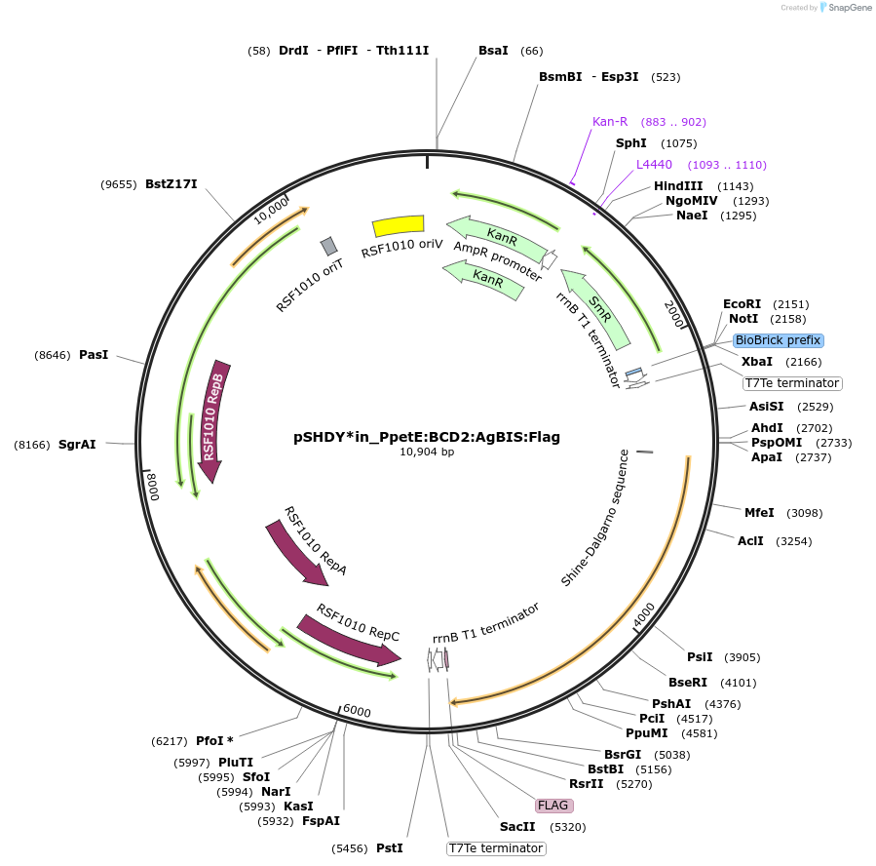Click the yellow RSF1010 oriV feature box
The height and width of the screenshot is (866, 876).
tap(399, 225)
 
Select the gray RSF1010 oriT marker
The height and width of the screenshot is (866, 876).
tap(329, 246)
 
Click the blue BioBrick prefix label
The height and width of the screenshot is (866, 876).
tap(779, 340)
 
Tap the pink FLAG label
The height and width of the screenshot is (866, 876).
tap(553, 806)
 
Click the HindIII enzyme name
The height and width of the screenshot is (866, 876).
tap(678, 186)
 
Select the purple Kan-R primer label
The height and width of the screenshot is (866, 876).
tap(610, 122)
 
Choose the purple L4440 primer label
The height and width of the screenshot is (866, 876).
tap(654, 165)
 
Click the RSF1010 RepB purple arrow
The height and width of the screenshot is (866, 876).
tap(211, 419)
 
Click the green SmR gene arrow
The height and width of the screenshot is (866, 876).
tap(596, 307)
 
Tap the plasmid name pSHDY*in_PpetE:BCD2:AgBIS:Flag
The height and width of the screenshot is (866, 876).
tap(427, 437)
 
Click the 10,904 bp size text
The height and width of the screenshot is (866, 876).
tap(427, 452)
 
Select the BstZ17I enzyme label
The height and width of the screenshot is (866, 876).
tap(171, 183)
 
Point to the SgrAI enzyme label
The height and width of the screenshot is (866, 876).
tap(77, 445)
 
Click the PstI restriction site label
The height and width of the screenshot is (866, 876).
tap(389, 848)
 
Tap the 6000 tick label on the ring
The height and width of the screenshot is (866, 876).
tap(357, 712)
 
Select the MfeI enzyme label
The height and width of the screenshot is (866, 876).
tap(759, 512)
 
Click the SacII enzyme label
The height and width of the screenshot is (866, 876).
tap(517, 827)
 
